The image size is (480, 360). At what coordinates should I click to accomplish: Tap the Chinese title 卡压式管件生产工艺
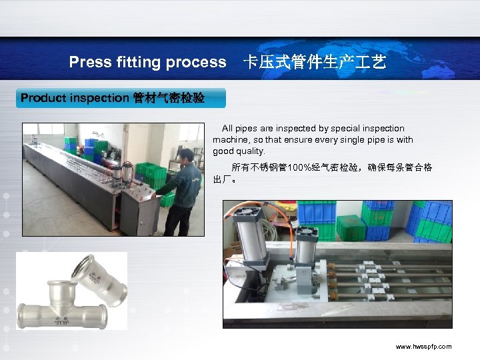click(314, 63)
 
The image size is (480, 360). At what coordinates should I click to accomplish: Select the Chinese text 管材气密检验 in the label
click(169, 98)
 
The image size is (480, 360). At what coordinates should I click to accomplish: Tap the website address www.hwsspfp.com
click(423, 347)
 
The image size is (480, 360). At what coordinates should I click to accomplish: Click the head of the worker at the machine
click(187, 157)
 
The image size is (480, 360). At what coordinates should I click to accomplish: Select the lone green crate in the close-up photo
click(351, 228)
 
